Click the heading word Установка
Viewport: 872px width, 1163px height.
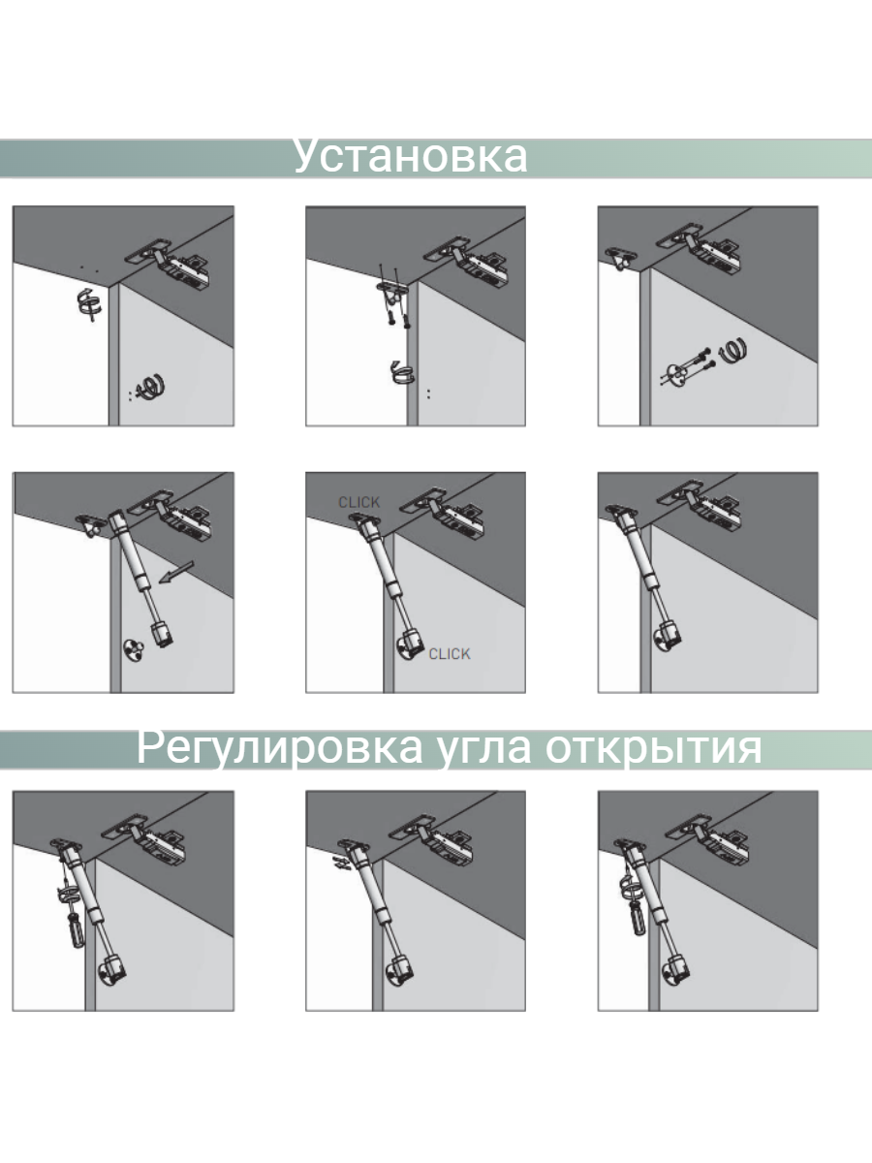pos(410,156)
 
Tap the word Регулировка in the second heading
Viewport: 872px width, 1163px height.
pos(280,747)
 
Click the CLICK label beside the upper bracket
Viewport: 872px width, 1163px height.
pos(358,502)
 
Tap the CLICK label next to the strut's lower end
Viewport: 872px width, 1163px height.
pos(450,654)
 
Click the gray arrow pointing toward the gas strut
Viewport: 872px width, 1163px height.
pos(176,573)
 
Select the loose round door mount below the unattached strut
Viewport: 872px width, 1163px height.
pos(134,651)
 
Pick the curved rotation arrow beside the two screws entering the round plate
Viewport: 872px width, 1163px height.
pos(732,350)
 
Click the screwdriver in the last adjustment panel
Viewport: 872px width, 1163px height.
pos(637,917)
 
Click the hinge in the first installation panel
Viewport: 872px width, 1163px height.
pos(169,264)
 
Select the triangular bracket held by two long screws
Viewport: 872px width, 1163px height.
pos(391,288)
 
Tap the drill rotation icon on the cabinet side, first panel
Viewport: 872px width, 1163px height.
pos(89,303)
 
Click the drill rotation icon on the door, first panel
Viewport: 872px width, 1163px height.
pos(150,388)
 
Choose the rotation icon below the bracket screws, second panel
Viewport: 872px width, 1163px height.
pos(401,372)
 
